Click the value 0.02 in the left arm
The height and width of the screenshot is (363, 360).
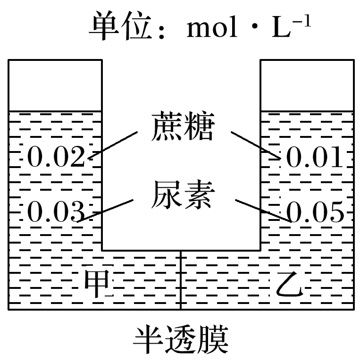[x=56, y=157]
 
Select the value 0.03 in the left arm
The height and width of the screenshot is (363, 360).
[x=56, y=211]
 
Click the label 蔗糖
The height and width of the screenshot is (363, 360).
[x=182, y=127]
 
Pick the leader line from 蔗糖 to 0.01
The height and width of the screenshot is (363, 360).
[x=255, y=144]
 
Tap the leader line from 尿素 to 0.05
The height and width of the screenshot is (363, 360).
[x=262, y=210]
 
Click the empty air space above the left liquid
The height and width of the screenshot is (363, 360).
[x=55, y=85]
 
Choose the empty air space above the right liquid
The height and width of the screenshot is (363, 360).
[x=307, y=85]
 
